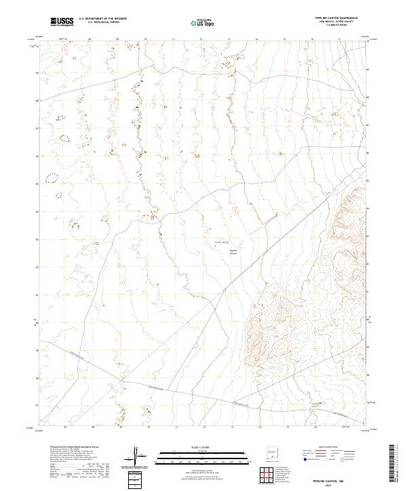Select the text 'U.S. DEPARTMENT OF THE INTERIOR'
102,20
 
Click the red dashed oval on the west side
51,179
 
